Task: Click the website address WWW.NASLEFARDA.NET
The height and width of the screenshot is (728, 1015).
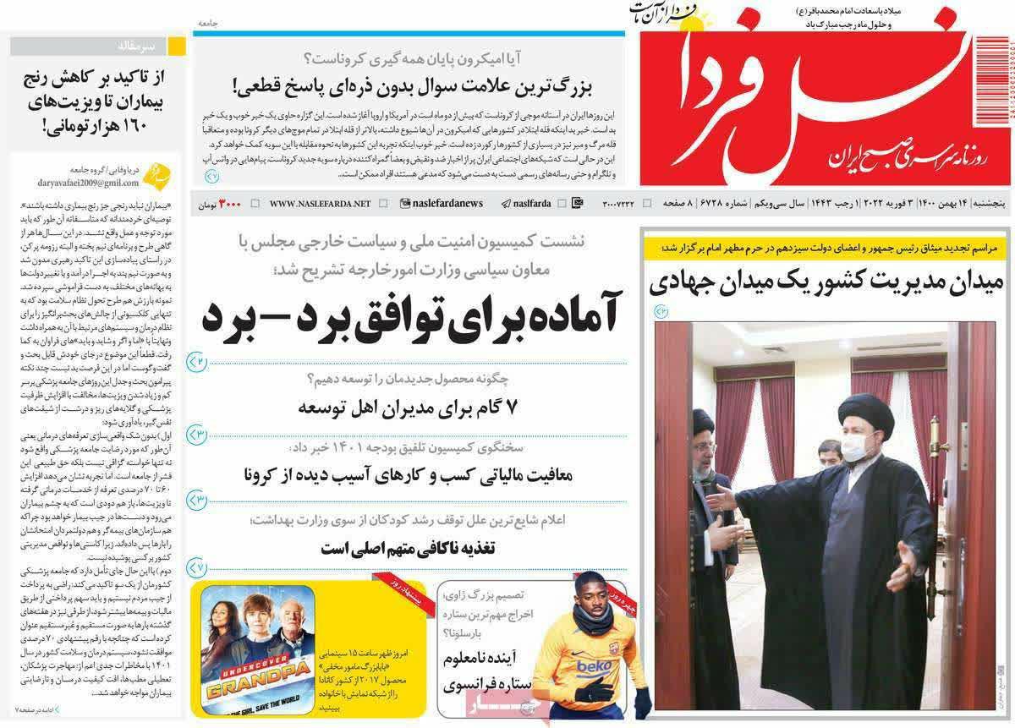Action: tap(320, 204)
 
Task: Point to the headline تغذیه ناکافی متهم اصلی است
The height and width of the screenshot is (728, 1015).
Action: tap(419, 547)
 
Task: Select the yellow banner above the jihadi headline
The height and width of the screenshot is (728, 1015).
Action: tap(823, 248)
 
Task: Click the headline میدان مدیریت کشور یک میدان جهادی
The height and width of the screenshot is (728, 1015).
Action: tap(826, 284)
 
